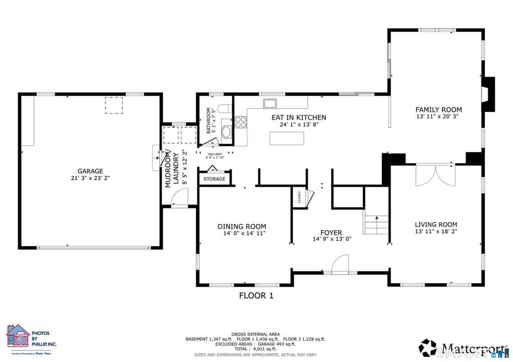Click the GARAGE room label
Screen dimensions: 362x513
point(90,171)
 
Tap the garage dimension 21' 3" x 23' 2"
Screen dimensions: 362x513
point(90,179)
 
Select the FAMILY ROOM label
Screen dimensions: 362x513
point(439,110)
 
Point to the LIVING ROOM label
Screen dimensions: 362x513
point(436,224)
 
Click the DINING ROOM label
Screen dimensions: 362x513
point(242,226)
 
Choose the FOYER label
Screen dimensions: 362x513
point(331,233)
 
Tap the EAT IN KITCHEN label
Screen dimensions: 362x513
point(298,117)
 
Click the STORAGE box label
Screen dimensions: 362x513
point(215,179)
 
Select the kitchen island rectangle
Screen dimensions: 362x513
point(286,138)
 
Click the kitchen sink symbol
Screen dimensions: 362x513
point(270,103)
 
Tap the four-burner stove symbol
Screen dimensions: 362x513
point(241,122)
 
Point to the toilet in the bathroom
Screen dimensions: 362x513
point(225,109)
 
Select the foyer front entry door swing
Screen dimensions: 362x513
point(341,263)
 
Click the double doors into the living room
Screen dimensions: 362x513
point(436,175)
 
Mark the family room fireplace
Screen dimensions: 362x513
point(488,95)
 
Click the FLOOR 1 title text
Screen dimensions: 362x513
point(256,296)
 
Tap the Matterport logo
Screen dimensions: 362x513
point(463,348)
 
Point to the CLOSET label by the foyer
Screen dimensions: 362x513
point(300,197)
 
